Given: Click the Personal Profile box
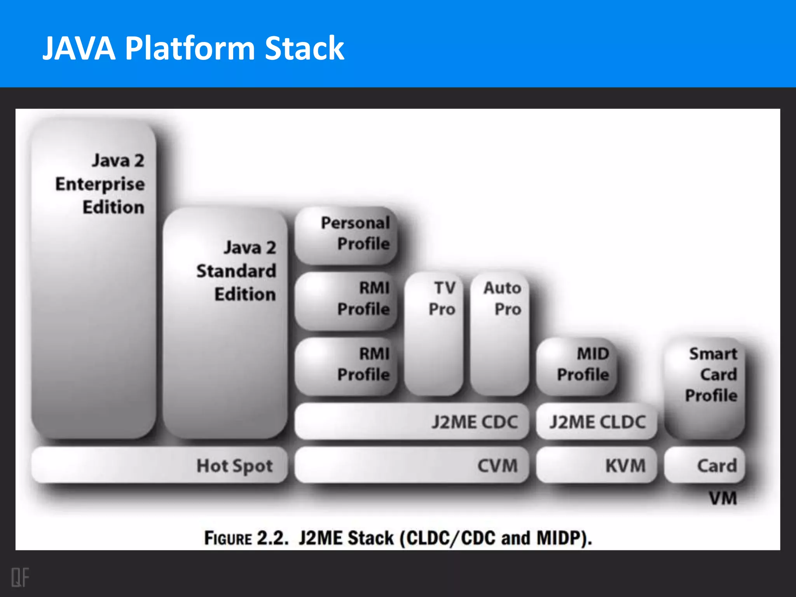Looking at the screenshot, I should (x=346, y=235).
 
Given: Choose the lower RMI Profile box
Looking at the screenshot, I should (x=346, y=365).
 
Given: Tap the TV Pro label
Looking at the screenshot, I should (x=442, y=298).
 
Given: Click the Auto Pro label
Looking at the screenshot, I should (x=502, y=298).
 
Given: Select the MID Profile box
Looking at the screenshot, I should (x=577, y=365).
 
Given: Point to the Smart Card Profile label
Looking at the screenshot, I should (x=711, y=375).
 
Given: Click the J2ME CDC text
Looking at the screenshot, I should (x=475, y=422).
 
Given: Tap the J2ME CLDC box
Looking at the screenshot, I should (x=597, y=422).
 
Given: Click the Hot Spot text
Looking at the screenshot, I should (x=234, y=466).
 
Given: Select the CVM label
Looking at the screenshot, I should (x=497, y=466).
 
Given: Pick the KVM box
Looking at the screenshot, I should (x=597, y=466).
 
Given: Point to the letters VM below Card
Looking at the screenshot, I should (x=723, y=498).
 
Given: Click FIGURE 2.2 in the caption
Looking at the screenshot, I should (x=246, y=538).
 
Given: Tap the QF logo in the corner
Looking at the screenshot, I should (x=20, y=577).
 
